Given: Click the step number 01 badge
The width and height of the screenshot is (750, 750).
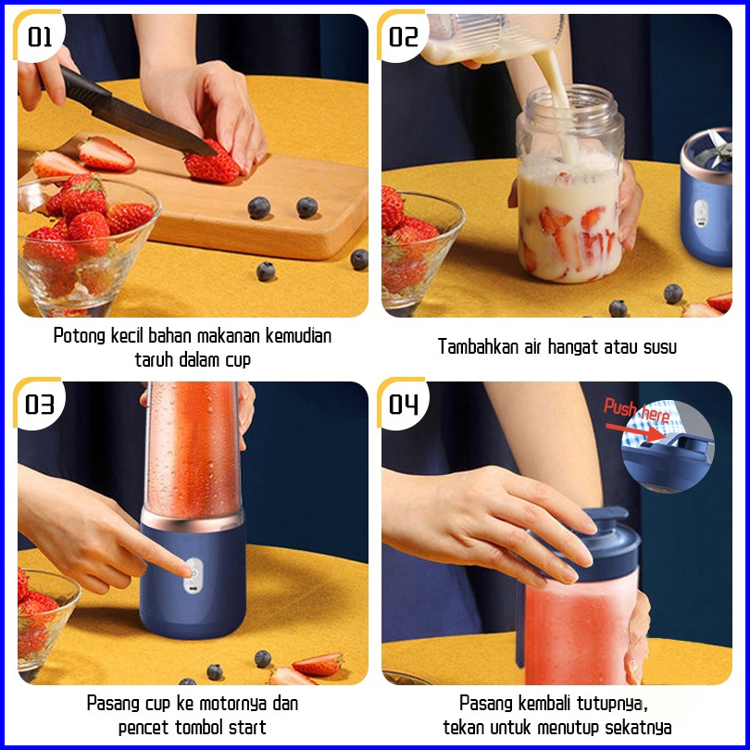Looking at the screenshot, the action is point(39,37).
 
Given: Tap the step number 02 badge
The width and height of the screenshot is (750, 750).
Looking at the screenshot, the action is point(403,37).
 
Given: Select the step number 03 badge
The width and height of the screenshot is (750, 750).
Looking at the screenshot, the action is point(39,405).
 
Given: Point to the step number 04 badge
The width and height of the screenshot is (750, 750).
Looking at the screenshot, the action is point(403,405).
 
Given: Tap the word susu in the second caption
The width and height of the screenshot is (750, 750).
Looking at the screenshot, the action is point(660,347).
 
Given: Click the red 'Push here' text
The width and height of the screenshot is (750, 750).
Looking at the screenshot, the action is point(636,410).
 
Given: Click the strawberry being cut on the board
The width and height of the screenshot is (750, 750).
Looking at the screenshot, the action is point(212,163).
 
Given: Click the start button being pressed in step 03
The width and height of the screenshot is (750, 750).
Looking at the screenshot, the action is point(194,576).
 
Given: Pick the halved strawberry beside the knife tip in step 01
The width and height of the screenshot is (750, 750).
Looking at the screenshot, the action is point(106,154).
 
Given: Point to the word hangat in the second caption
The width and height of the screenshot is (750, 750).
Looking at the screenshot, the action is point(573,347).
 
